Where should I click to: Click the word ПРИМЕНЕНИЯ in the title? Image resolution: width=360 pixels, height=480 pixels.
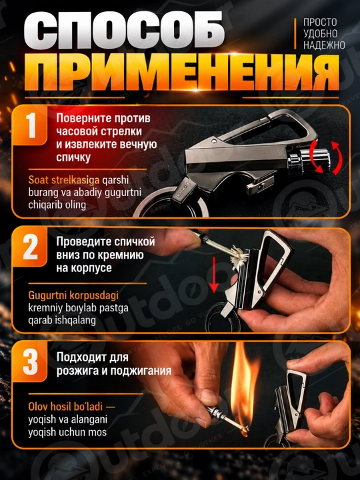(182, 73)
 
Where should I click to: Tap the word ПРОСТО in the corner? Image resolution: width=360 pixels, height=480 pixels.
(320, 23)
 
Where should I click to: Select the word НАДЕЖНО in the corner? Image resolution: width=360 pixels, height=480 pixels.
(324, 45)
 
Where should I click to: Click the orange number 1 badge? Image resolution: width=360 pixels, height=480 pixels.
(31, 125)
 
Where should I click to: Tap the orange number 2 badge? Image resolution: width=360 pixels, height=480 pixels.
(31, 247)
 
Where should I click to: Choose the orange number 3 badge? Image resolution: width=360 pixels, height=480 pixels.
(31, 362)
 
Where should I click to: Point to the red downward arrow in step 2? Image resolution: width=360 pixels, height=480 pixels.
(214, 275)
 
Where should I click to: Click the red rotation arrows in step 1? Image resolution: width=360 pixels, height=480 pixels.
(325, 157)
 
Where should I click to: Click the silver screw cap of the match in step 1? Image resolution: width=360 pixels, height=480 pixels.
(309, 159)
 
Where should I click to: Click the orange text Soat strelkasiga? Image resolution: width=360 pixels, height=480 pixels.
(64, 180)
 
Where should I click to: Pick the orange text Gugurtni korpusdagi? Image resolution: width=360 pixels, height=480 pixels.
(73, 295)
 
